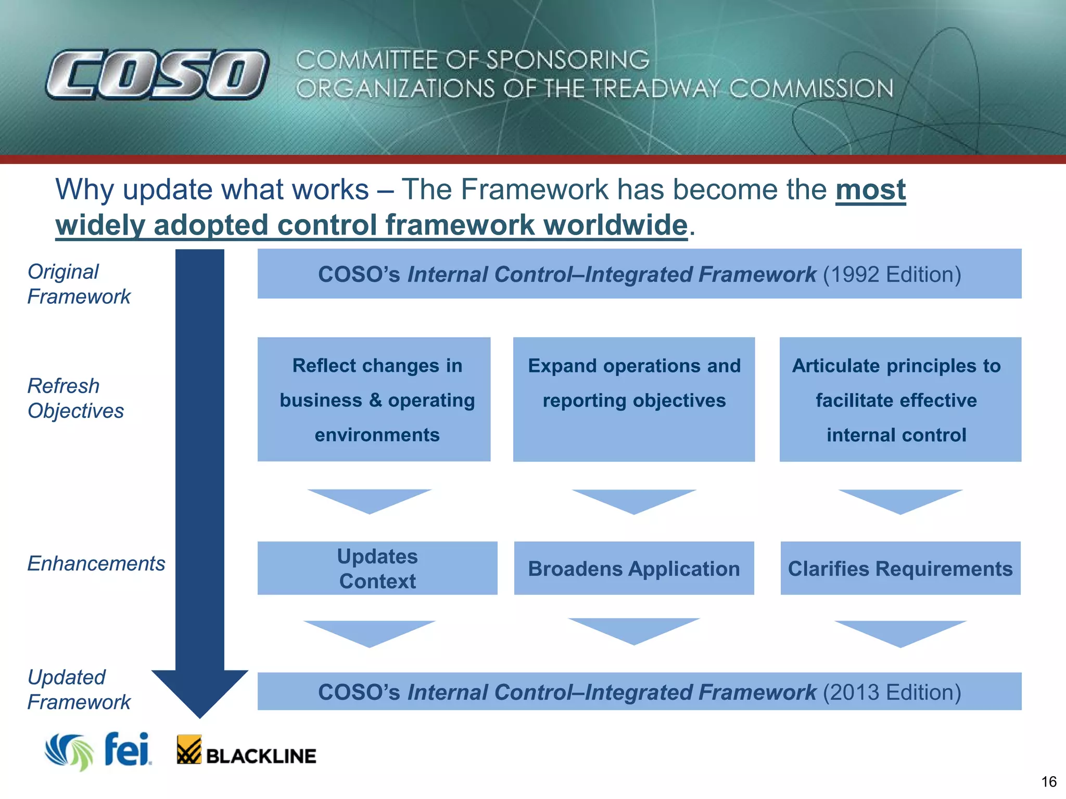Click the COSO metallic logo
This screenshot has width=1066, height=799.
[x=157, y=74]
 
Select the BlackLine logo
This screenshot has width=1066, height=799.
[x=246, y=751]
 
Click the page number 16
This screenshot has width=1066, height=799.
[x=1048, y=782]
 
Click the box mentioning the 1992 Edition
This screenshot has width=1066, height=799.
[x=639, y=274]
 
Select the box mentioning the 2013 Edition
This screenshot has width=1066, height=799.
[x=639, y=691]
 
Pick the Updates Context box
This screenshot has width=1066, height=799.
[x=377, y=568]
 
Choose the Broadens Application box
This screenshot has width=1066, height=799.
[x=634, y=568]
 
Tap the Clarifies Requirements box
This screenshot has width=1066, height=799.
[x=900, y=568]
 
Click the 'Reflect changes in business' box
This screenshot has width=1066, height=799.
[x=374, y=399]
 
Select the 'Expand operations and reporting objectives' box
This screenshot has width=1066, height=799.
[x=634, y=399]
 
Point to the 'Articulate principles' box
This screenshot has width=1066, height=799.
[x=900, y=399]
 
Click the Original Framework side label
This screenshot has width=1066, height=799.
[x=78, y=284]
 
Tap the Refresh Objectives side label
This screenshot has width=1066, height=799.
[x=75, y=398]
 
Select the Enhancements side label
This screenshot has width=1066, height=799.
[x=96, y=563]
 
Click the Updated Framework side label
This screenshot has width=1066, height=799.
[x=78, y=690]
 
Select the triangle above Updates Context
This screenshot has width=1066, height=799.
[x=370, y=499]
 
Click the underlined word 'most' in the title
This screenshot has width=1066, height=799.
[x=870, y=189]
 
